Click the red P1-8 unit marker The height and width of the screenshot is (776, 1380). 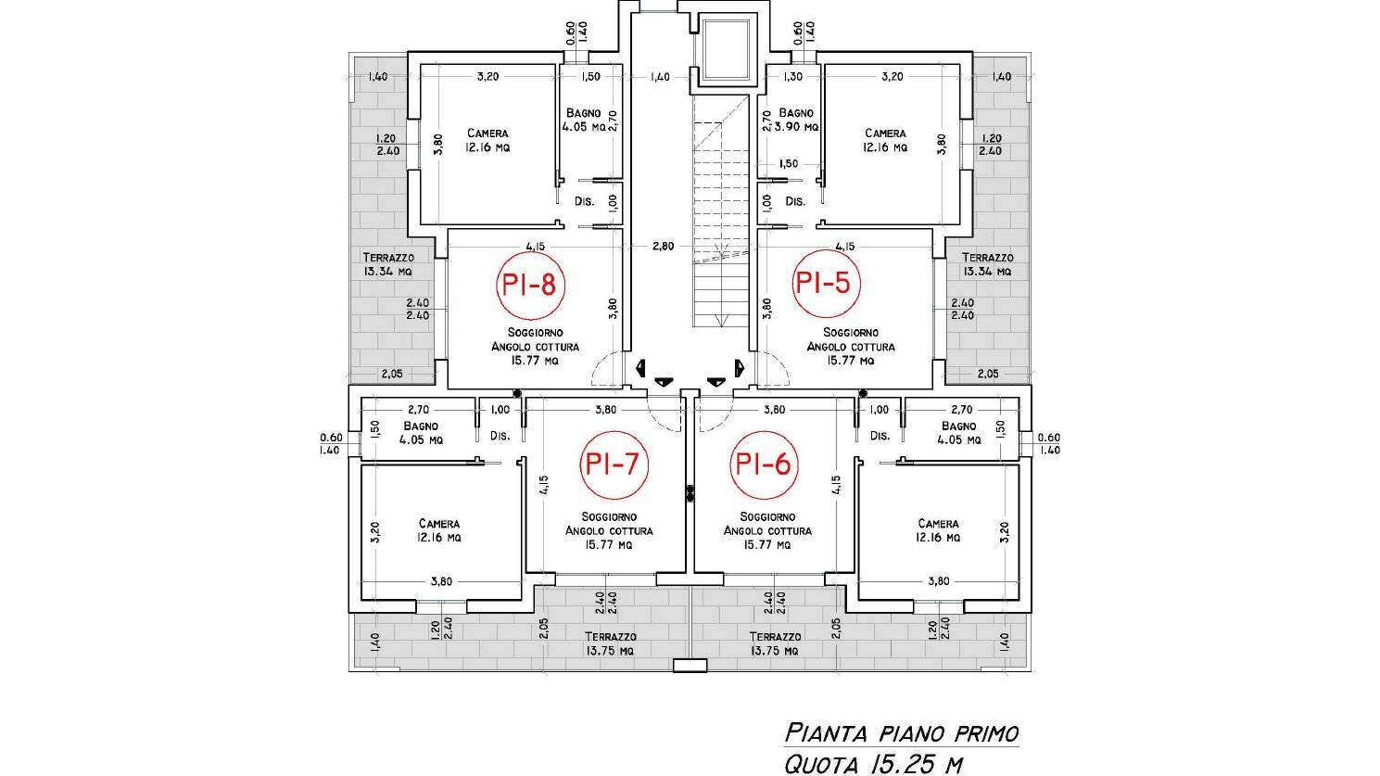coord(530,285)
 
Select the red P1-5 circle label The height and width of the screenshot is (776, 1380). coord(825,283)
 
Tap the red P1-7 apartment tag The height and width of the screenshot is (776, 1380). coord(614,464)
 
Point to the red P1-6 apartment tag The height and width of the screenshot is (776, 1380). coord(764,464)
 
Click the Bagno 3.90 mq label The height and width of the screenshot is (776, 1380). coord(796,121)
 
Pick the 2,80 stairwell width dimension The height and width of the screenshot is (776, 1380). coord(663,246)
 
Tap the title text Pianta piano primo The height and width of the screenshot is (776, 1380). coord(902,733)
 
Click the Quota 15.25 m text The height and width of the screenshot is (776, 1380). coord(873,764)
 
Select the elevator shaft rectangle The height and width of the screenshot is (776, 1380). coord(726,51)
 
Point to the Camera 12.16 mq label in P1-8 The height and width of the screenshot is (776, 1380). coord(487,141)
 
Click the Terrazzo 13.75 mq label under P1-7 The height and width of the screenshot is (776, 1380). coord(611,643)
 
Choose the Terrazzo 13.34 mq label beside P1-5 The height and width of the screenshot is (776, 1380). coord(987,264)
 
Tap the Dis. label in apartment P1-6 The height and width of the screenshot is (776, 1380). coord(880,436)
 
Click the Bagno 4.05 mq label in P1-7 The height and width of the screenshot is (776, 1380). coord(421,433)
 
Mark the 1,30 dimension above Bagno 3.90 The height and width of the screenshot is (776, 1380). coord(793,76)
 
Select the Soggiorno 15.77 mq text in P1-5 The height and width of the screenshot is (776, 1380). coord(851,347)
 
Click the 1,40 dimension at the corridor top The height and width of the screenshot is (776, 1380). coord(659,77)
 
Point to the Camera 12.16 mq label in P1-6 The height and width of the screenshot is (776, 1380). coord(938,530)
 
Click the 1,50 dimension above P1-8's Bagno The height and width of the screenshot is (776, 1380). coord(590,76)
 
